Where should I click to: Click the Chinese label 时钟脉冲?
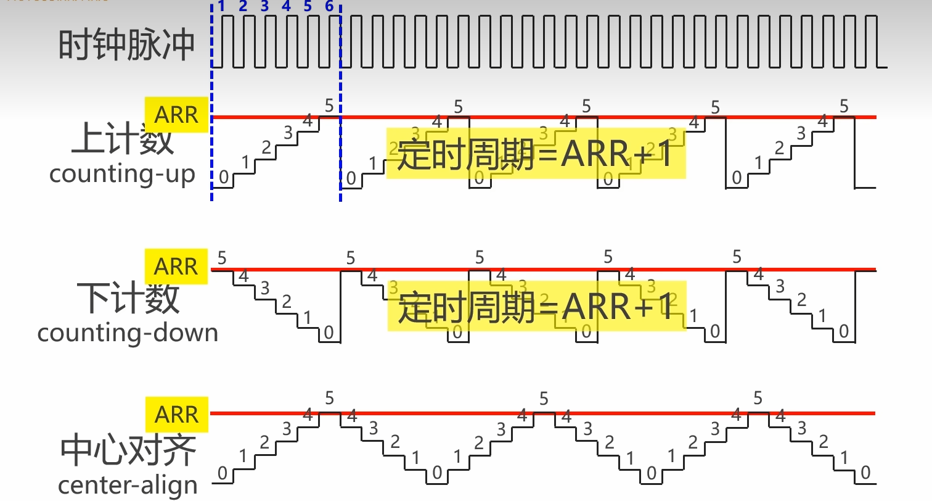pyautogui.click(x=126, y=44)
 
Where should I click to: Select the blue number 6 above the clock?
pyautogui.click(x=329, y=7)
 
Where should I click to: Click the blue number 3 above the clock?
pyautogui.click(x=264, y=7)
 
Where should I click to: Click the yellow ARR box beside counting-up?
pyautogui.click(x=176, y=115)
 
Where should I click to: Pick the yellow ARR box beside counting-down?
pyautogui.click(x=176, y=267)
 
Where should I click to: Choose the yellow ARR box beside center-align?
pyautogui.click(x=176, y=414)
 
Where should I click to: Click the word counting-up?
pyautogui.click(x=122, y=174)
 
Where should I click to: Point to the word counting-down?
pyautogui.click(x=128, y=333)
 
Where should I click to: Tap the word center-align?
pyautogui.click(x=128, y=485)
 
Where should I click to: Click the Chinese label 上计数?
pyautogui.click(x=123, y=140)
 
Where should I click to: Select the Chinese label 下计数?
pyautogui.click(x=128, y=298)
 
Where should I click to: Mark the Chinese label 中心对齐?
pyautogui.click(x=128, y=451)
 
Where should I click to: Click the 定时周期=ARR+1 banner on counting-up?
pyautogui.click(x=536, y=153)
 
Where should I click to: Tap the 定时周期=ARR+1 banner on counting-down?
pyautogui.click(x=536, y=307)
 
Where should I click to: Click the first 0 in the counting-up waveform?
pyautogui.click(x=223, y=178)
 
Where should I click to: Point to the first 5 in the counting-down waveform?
pyautogui.click(x=222, y=258)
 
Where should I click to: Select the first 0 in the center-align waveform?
pyautogui.click(x=222, y=474)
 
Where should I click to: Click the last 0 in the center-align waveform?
pyautogui.click(x=865, y=473)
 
